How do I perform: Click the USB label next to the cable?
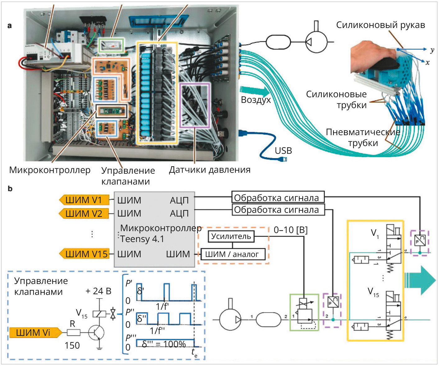click(283, 151)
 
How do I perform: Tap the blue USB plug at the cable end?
click(283, 160)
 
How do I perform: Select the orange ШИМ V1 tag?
click(84, 200)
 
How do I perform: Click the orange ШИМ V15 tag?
click(84, 254)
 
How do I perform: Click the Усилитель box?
click(231, 236)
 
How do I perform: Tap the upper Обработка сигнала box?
click(278, 197)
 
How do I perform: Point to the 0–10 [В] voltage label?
click(290, 230)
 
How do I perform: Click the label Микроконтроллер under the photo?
click(50, 170)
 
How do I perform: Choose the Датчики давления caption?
click(210, 170)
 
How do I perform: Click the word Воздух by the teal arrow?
click(256, 100)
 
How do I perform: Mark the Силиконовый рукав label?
click(380, 25)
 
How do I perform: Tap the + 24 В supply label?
click(98, 291)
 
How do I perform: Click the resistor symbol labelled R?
click(74, 332)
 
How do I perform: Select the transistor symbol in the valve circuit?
click(97, 332)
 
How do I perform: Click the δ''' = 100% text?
click(164, 344)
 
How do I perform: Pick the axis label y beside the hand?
click(432, 50)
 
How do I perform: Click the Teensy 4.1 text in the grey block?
click(142, 239)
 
